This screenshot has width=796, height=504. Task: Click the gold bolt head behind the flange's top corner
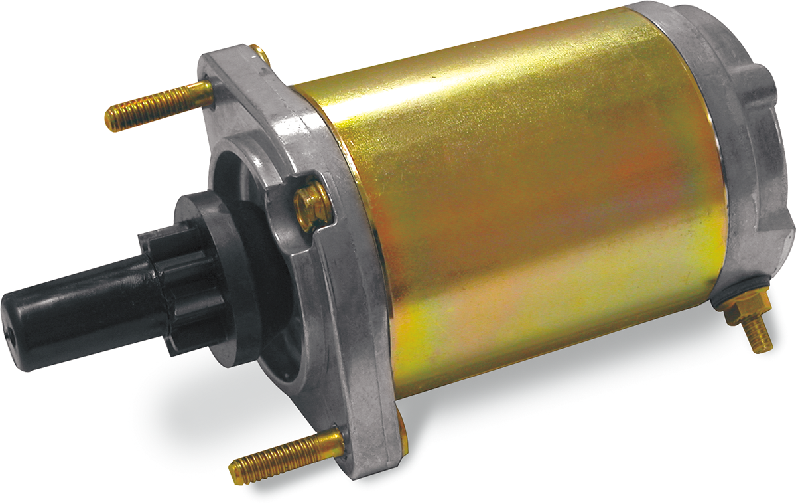(261, 53)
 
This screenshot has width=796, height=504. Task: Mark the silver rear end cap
(736, 133)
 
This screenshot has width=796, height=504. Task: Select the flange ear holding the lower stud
(371, 445)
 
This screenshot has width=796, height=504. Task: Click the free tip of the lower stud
(235, 473)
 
